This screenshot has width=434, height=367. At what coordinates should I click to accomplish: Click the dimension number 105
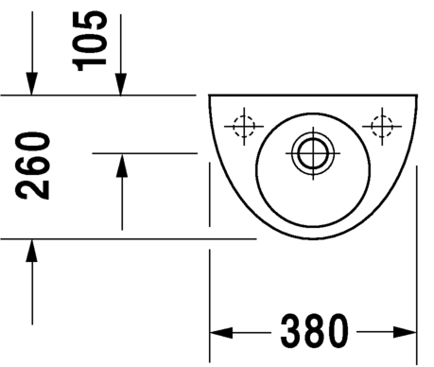[90, 41]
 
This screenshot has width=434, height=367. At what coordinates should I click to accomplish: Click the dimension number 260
[32, 166]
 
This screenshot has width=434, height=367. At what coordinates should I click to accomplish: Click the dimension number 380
[314, 331]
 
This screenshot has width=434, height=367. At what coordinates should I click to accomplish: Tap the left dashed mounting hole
[244, 127]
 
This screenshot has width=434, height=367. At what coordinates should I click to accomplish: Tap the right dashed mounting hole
[382, 127]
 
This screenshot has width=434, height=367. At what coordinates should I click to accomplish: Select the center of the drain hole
[313, 153]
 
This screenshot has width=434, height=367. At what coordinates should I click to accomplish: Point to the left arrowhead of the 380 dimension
[221, 332]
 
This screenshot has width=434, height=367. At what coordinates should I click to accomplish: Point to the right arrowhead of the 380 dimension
[405, 332]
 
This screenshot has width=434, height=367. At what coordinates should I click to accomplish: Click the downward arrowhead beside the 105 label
[120, 84]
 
